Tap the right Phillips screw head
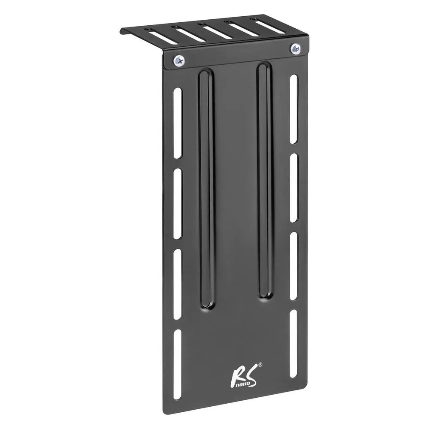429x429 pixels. point(296,48)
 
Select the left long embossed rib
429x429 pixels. point(206,188)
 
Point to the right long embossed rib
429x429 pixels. point(265,181)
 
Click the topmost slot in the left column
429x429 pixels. point(178,123)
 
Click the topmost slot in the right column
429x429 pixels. point(293,109)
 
